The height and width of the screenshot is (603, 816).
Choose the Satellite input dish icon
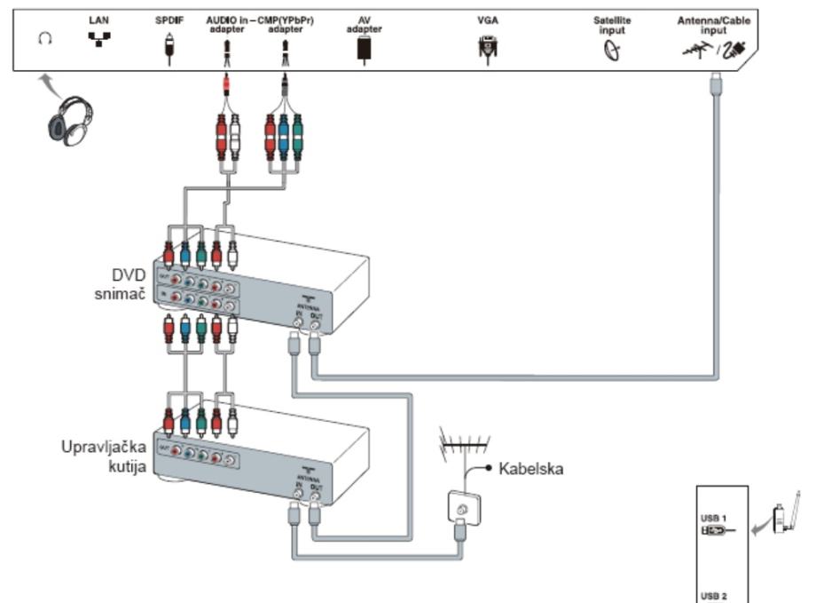(611, 50)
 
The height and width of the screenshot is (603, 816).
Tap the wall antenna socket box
(461, 510)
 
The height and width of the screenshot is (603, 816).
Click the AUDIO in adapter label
(227, 23)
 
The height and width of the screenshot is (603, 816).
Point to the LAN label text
(98, 18)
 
